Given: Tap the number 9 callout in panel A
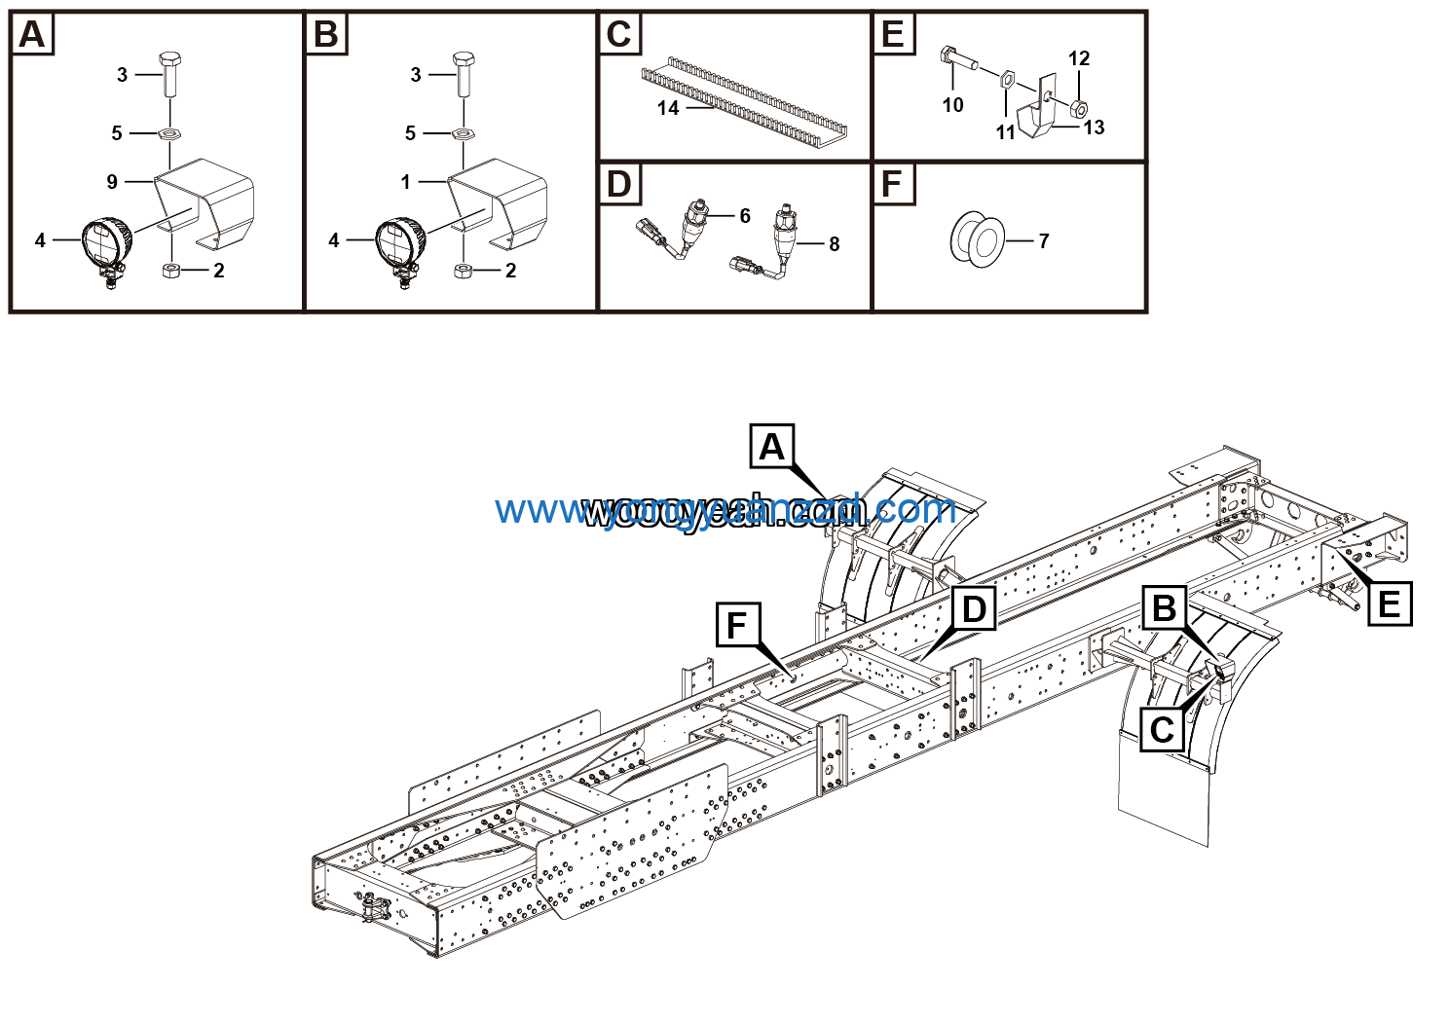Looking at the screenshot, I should [x=112, y=182].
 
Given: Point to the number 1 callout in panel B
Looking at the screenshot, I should [x=406, y=181].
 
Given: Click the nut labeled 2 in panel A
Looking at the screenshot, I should [x=170, y=270].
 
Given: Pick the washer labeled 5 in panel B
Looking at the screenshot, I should [x=464, y=133].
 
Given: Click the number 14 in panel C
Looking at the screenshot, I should [x=667, y=108].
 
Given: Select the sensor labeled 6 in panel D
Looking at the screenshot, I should [x=699, y=221].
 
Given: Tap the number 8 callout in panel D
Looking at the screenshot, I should [x=834, y=244].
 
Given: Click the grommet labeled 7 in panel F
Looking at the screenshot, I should [x=977, y=240].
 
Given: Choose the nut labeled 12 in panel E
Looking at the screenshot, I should [x=1077, y=106].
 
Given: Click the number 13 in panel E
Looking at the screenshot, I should [x=1094, y=128].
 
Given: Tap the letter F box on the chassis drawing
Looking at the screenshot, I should [x=737, y=625].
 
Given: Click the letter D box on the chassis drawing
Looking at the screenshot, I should [x=973, y=610].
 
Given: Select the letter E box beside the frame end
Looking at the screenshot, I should [x=1389, y=604].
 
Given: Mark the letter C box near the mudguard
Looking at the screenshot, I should [x=1162, y=730].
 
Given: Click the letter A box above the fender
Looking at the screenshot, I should [x=771, y=447].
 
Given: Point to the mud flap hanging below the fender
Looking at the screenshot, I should [x=1163, y=793].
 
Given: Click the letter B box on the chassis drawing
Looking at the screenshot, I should [x=1164, y=609].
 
